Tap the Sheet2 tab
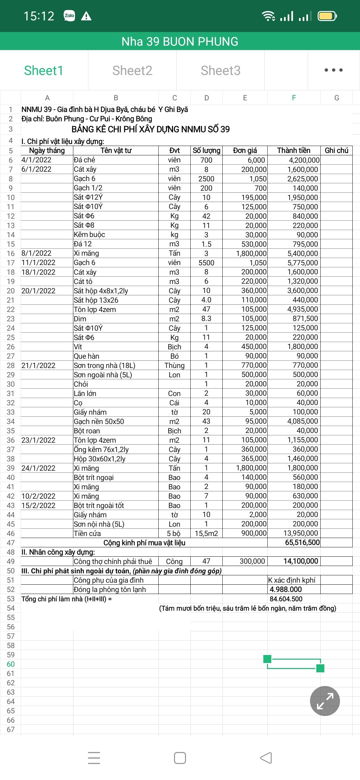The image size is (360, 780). pyautogui.click(x=132, y=70)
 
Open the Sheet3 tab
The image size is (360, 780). pyautogui.click(x=220, y=70)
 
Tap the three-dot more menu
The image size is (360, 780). pyautogui.click(x=333, y=70)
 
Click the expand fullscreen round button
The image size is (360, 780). pyautogui.click(x=325, y=701)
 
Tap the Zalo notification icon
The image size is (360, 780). pyautogui.click(x=69, y=16)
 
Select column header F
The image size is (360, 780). pyautogui.click(x=294, y=98)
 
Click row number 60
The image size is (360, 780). pyautogui.click(x=11, y=664)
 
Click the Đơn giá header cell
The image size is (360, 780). pyautogui.click(x=245, y=150)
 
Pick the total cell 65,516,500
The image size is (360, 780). pyautogui.click(x=302, y=542)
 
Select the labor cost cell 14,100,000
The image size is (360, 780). pyautogui.click(x=301, y=561)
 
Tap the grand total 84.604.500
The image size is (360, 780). pyautogui.click(x=286, y=599)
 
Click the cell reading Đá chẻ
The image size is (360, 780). pyautogui.click(x=85, y=160)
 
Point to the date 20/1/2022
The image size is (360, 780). pyautogui.click(x=38, y=291)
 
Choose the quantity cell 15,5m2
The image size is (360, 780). pyautogui.click(x=206, y=533)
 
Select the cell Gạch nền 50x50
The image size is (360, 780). pyautogui.click(x=99, y=421)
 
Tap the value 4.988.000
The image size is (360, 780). pyautogui.click(x=286, y=589)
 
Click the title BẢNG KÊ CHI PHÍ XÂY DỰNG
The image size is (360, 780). pyautogui.click(x=151, y=129)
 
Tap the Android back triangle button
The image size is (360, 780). pyautogui.click(x=266, y=758)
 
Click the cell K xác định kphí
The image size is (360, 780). pyautogui.click(x=292, y=580)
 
